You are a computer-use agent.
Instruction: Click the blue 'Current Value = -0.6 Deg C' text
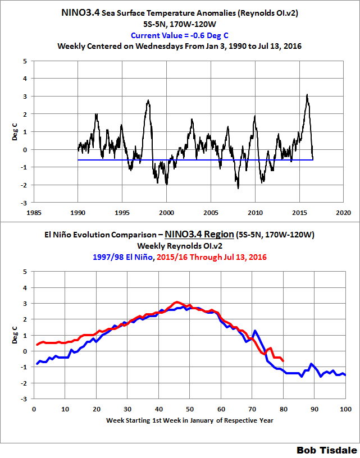pos(180,35)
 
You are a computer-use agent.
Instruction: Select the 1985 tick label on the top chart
pos(34,213)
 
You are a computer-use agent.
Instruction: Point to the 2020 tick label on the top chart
pos(344,213)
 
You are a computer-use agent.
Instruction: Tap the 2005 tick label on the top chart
pos(211,213)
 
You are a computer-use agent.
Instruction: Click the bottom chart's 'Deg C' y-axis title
pos(15,335)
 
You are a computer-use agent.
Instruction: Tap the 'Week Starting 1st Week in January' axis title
pos(189,420)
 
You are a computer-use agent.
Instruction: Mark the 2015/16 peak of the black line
pos(307,95)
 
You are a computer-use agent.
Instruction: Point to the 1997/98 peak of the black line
pos(148,100)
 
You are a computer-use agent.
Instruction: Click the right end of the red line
pos(283,361)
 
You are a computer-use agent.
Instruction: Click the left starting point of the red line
pos(37,345)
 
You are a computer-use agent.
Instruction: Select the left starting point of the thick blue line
pos(37,364)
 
